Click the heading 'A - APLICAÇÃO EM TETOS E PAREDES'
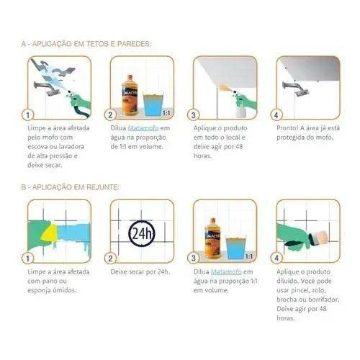[x=86, y=44]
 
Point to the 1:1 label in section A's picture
[x=165, y=113]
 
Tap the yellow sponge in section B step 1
[x=48, y=232]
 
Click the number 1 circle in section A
[x=28, y=114]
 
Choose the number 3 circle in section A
[x=194, y=114]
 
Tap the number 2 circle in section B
[x=111, y=258]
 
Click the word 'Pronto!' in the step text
[x=289, y=127]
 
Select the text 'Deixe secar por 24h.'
[x=138, y=271]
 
